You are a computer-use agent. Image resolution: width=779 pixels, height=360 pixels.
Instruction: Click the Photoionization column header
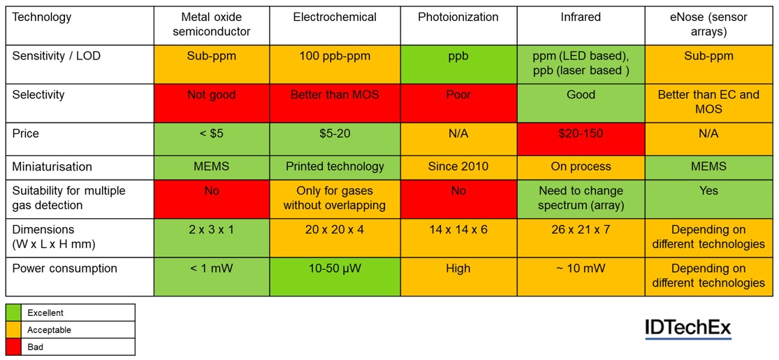click(458, 17)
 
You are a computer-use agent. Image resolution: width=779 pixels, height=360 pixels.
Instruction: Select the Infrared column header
click(581, 17)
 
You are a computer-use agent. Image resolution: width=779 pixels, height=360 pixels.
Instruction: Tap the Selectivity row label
click(38, 94)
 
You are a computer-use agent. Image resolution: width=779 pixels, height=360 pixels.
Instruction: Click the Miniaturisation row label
click(52, 166)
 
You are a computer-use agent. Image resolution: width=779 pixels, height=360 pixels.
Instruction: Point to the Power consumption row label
click(64, 268)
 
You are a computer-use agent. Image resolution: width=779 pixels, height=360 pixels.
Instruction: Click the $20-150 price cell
click(581, 134)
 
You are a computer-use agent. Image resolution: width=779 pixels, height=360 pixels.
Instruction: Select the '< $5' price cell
click(211, 134)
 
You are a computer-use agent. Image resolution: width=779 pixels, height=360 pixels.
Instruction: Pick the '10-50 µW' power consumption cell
click(335, 268)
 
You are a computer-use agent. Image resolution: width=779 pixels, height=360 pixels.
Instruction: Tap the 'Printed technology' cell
click(335, 166)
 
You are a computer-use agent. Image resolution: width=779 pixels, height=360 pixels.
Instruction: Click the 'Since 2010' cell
click(458, 166)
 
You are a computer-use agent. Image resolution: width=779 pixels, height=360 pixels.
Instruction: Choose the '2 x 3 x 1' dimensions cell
click(211, 229)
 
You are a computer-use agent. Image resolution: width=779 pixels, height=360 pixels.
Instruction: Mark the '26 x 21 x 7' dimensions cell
click(581, 229)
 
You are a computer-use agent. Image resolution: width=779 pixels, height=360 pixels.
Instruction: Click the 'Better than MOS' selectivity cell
click(335, 94)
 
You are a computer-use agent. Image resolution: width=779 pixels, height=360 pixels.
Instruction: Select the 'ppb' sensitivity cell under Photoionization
click(458, 56)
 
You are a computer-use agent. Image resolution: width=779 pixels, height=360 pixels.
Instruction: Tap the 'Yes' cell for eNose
click(708, 191)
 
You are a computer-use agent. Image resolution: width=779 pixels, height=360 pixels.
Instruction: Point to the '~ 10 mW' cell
click(581, 268)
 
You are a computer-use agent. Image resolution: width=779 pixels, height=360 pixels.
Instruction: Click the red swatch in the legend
click(13, 347)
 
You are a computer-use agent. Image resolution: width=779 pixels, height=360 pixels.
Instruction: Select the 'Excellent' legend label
click(45, 313)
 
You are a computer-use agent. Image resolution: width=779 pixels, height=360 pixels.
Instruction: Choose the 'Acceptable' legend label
click(49, 330)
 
